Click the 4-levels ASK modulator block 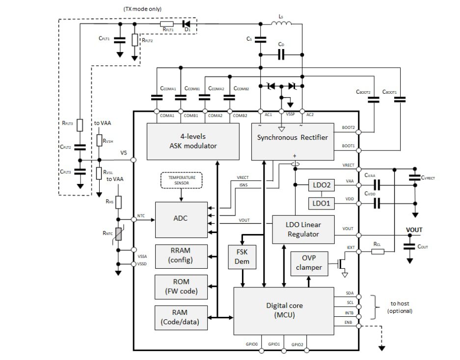pyautogui.click(x=193, y=141)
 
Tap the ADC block pyautogui.click(x=180, y=219)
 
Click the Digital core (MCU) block pyautogui.click(x=283, y=310)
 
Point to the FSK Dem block pyautogui.click(x=242, y=256)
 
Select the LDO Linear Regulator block pyautogui.click(x=303, y=229)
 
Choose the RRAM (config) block pyautogui.click(x=180, y=255)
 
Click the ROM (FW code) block pyautogui.click(x=180, y=286)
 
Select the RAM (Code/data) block pyautogui.click(x=180, y=317)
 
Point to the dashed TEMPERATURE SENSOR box pyautogui.click(x=181, y=180)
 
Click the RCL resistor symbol pyautogui.click(x=378, y=251)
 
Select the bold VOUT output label pyautogui.click(x=414, y=230)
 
